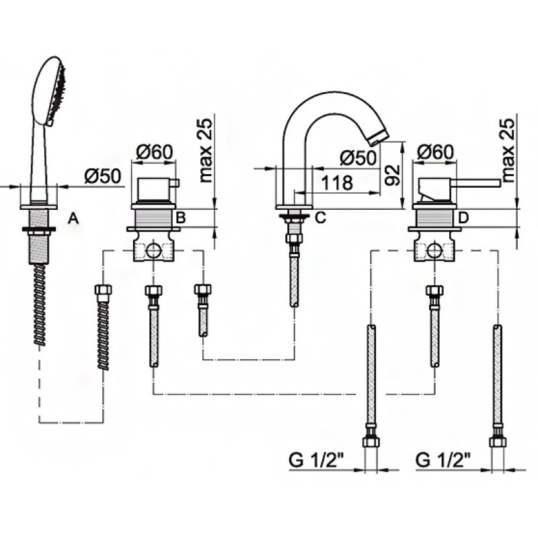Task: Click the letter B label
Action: point(180,217)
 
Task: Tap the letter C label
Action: point(321,217)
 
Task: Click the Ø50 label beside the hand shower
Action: point(102,176)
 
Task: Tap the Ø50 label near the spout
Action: point(356,158)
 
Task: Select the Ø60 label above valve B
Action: point(155,153)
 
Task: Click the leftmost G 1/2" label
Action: point(317,461)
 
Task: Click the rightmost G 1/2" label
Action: point(444,461)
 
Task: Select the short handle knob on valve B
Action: point(176,182)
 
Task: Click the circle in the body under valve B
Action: point(154,252)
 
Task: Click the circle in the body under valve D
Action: point(436,252)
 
